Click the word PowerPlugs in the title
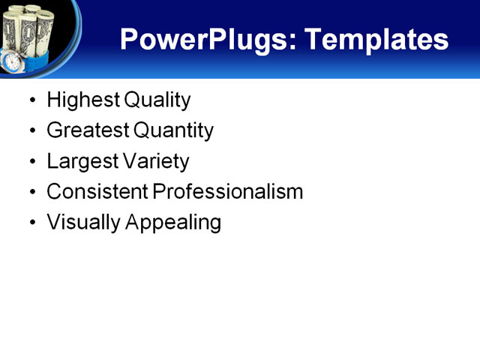tap(200, 39)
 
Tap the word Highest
tap(79, 100)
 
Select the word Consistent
tap(97, 191)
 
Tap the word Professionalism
tap(228, 191)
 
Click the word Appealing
tap(172, 223)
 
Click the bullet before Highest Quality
tap(31, 100)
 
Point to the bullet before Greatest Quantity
tap(31, 131)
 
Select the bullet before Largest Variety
tap(31, 162)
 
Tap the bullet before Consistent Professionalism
tap(31, 193)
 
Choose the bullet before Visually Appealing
tap(31, 223)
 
